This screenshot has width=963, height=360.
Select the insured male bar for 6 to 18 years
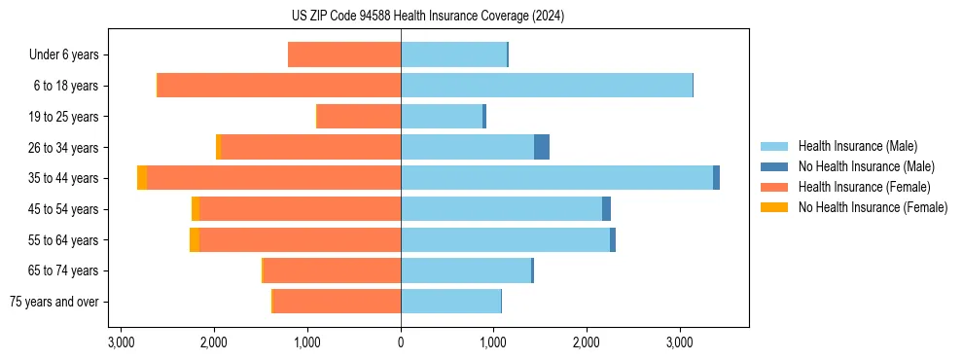pos(547,86)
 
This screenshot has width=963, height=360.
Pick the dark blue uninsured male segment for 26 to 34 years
pos(542,147)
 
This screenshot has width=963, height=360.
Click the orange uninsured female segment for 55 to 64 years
pos(195,239)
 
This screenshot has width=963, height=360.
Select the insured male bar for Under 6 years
pos(453,54)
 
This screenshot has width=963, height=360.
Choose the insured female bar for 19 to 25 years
pos(359,117)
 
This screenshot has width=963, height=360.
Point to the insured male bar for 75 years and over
pos(450,302)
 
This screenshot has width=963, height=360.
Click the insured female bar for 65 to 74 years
pos(332,270)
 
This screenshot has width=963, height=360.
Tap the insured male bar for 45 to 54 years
pos(501,209)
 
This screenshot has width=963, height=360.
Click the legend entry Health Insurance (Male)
pos(857,146)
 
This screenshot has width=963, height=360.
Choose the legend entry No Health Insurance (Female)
pos(873,207)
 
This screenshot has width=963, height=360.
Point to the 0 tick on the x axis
pos(401,343)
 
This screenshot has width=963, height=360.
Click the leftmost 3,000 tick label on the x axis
pos(121,343)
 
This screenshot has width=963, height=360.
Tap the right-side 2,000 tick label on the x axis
pos(587,343)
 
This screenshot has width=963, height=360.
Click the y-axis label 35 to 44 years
pos(64,178)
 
